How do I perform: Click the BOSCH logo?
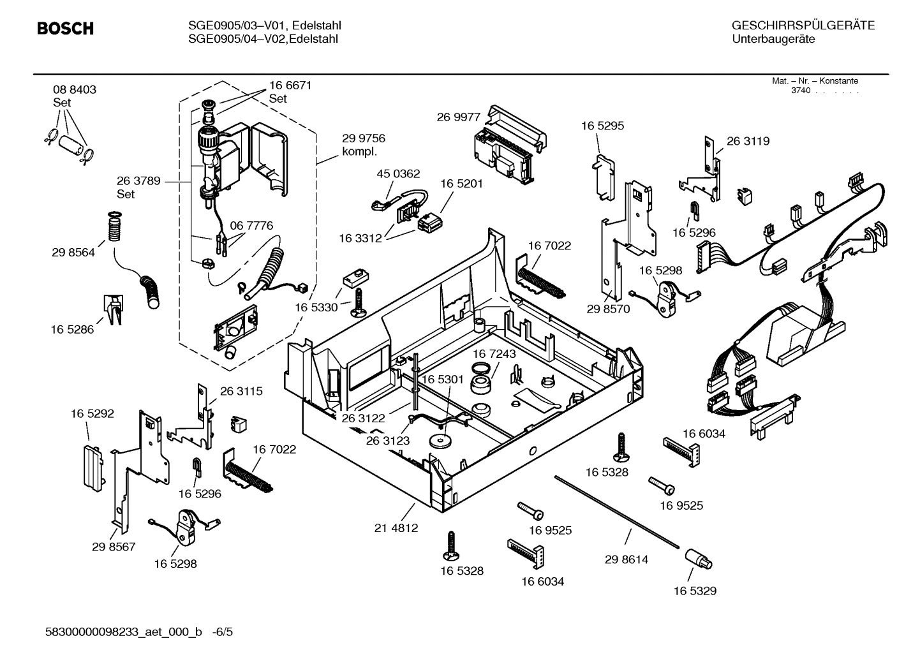pos(65,29)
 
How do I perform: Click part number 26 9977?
pos(458,117)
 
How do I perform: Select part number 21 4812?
pos(396,528)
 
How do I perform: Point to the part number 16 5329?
pos(695,591)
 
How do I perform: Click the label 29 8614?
pos(626,559)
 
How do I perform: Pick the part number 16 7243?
pos(494,353)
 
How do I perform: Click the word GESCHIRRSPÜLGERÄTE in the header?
pos(803,26)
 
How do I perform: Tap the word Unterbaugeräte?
pos(773,40)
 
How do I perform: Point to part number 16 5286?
pos(72,329)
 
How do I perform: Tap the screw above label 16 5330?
pos(357,300)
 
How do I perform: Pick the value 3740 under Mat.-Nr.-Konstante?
pos(800,91)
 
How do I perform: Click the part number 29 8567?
pos(114,547)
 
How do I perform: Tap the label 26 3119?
pos(748,141)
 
